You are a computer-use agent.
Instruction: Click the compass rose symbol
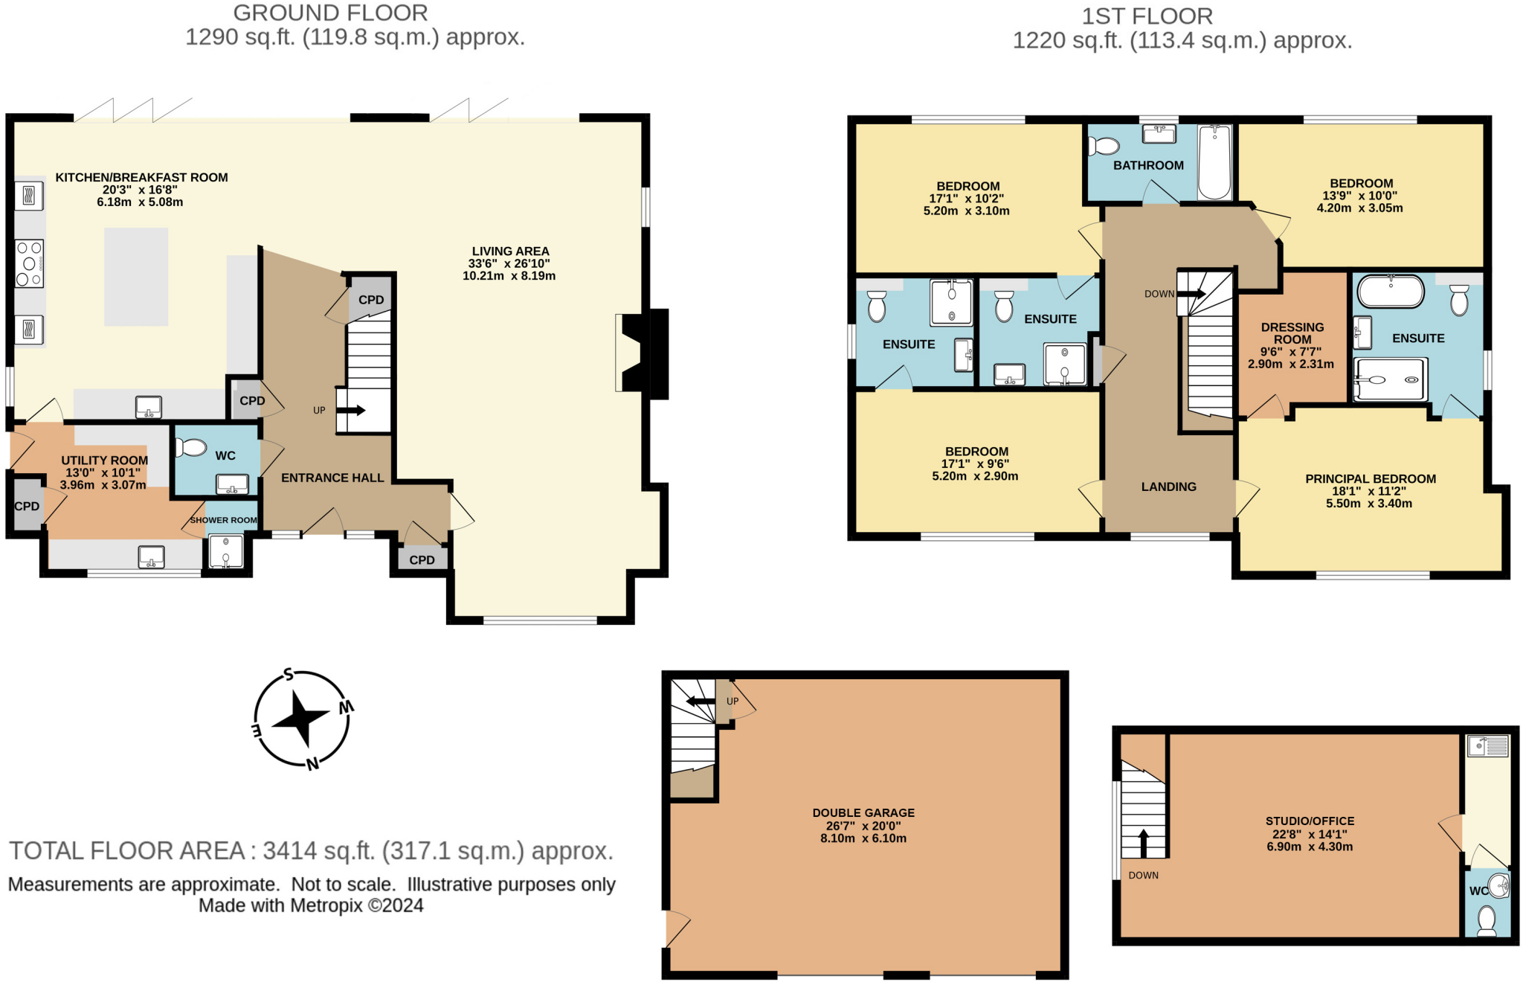(301, 719)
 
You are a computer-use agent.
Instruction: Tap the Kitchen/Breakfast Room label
(141, 177)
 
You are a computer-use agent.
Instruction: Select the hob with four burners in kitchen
(29, 263)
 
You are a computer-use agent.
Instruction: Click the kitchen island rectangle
(136, 277)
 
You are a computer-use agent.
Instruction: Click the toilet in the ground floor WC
(191, 447)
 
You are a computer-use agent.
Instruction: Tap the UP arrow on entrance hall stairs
(352, 410)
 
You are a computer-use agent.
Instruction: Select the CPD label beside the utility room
(27, 507)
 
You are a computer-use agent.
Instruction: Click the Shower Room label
(223, 520)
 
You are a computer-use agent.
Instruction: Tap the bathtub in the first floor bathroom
(1214, 162)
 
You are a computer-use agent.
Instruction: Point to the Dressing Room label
(1292, 333)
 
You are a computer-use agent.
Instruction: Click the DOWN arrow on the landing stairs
(1193, 293)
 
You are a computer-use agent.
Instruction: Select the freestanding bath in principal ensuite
(1390, 292)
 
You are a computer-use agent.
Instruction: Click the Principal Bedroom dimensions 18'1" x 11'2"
(1369, 491)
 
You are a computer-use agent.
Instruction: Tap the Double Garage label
(863, 813)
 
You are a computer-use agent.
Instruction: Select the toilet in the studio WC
(1486, 920)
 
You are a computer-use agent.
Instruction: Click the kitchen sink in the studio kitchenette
(1488, 745)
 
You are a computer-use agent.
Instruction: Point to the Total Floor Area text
(311, 850)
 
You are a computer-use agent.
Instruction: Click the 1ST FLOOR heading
(1147, 16)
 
